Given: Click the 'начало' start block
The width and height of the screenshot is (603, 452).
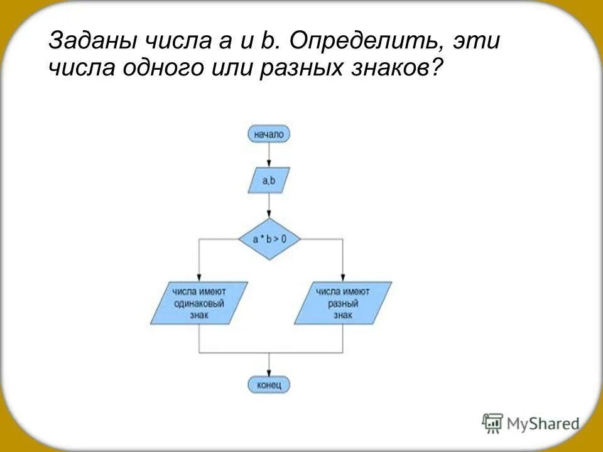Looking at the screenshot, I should coord(269,133).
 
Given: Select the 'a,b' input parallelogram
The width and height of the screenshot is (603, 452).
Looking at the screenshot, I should coord(269,181).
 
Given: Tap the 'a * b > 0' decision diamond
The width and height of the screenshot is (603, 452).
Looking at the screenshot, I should coord(269,239).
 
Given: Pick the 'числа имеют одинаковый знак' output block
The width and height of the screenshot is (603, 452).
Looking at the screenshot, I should coord(199,303).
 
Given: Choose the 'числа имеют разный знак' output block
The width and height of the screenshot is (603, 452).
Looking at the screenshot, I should coord(343,303).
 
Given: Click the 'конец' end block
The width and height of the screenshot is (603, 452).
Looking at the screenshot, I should coord(269,384).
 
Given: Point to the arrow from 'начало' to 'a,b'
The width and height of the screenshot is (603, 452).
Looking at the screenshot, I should coord(269,154).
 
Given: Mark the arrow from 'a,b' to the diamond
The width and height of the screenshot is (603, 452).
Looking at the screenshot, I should coord(269,205).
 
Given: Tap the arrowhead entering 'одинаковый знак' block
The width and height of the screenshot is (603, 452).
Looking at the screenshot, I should coord(199,278).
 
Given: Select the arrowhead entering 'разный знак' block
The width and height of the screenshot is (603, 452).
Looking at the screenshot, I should coord(343,278).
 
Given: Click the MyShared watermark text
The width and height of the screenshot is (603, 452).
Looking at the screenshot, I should coord(543,424).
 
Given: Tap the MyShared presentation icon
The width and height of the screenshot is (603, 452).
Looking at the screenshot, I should coord(493,423).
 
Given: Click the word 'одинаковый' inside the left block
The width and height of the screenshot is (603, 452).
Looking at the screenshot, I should coord(200,303).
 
